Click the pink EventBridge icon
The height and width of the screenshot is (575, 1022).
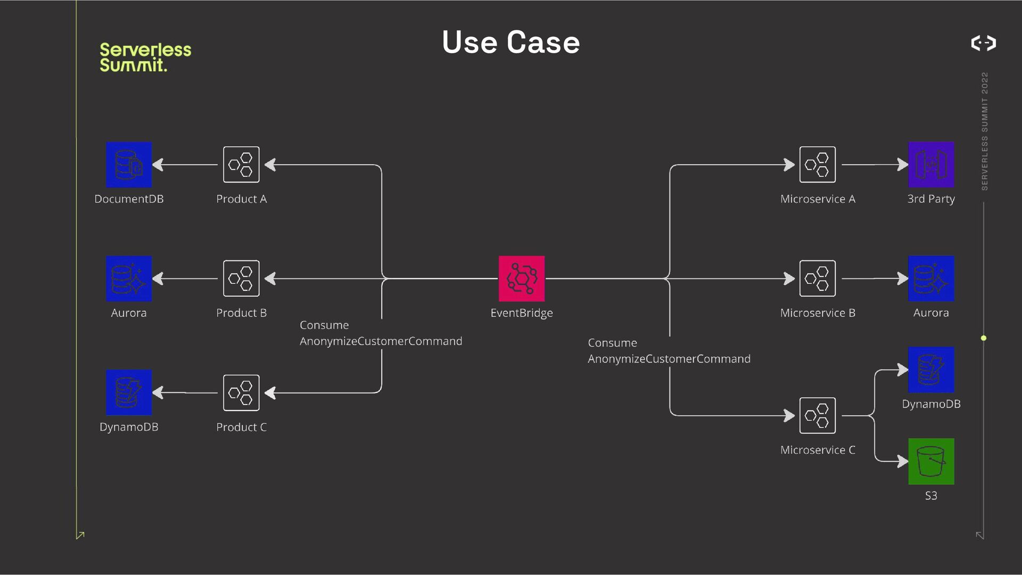pyautogui.click(x=522, y=278)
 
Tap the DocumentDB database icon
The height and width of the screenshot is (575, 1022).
pyautogui.click(x=129, y=165)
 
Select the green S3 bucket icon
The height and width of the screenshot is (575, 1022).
pyautogui.click(x=931, y=461)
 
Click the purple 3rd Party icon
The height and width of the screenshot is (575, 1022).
pyautogui.click(x=931, y=165)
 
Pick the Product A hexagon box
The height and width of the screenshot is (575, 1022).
pyautogui.click(x=241, y=165)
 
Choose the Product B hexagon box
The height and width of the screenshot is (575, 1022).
pyautogui.click(x=241, y=278)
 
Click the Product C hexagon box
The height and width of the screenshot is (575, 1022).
pyautogui.click(x=241, y=393)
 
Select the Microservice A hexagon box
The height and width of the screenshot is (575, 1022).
pyautogui.click(x=818, y=165)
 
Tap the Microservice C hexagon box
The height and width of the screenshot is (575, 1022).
pyautogui.click(x=818, y=416)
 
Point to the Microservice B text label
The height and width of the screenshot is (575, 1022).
pyautogui.click(x=818, y=313)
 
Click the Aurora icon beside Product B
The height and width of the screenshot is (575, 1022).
pyautogui.click(x=129, y=278)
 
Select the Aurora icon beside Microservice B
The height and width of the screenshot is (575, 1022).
pyautogui.click(x=931, y=278)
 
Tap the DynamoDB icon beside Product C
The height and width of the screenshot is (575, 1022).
pyautogui.click(x=129, y=392)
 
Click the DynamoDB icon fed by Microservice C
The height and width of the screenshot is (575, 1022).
pyautogui.click(x=931, y=369)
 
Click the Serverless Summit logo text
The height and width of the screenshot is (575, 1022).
pyautogui.click(x=145, y=57)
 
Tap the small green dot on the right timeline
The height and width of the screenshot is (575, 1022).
pyautogui.click(x=984, y=338)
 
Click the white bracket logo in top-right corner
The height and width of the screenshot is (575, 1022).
pyautogui.click(x=984, y=43)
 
